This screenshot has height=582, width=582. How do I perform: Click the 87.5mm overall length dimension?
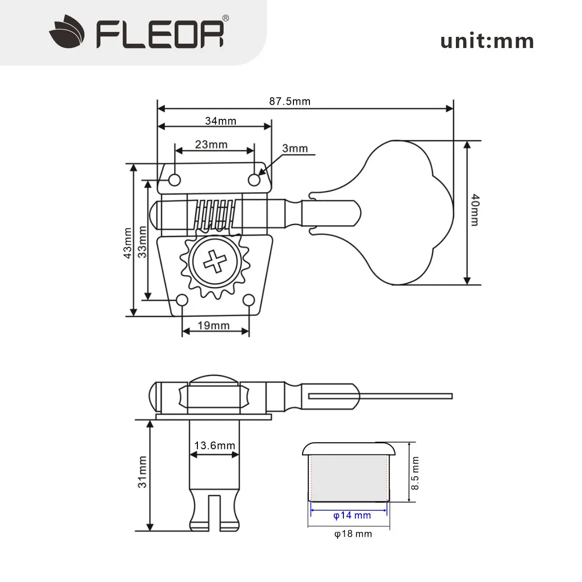pyautogui.click(x=290, y=101)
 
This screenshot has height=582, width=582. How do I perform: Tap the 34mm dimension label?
pyautogui.click(x=220, y=121)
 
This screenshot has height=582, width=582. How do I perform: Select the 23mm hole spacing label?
pyautogui.click(x=211, y=144)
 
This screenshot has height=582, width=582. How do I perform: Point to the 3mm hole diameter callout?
pyautogui.click(x=295, y=148)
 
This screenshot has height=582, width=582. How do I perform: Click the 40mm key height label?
pyautogui.click(x=474, y=210)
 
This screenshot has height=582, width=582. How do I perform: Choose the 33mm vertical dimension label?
pyautogui.click(x=142, y=241)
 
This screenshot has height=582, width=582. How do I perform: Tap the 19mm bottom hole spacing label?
pyautogui.click(x=213, y=325)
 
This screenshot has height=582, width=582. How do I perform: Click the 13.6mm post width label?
pyautogui.click(x=214, y=445)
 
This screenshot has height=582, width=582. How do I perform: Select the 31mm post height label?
pyautogui.click(x=142, y=472)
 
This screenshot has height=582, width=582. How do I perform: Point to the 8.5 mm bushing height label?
pyautogui.click(x=415, y=473)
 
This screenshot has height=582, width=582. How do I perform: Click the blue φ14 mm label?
pyautogui.click(x=352, y=515)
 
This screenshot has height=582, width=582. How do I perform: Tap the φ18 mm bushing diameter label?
pyautogui.click(x=353, y=534)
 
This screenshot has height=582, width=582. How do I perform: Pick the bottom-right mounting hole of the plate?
pyautogui.click(x=248, y=301)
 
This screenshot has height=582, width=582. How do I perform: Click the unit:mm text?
pyautogui.click(x=486, y=41)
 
